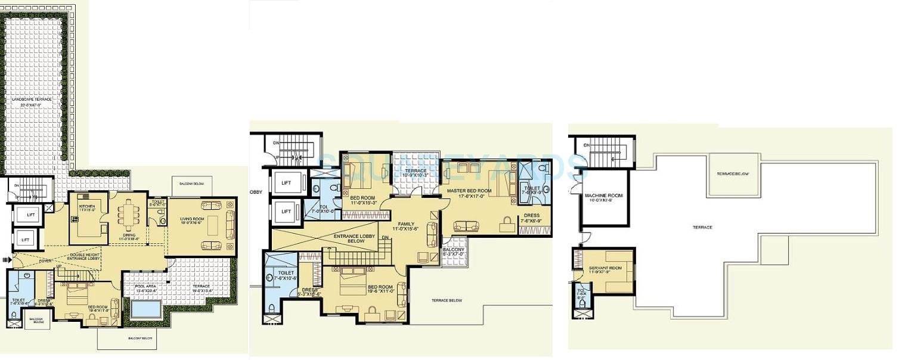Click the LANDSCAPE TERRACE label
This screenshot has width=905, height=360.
coord(35,100)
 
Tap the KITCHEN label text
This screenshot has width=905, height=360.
coord(87,207)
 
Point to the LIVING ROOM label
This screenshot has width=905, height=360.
coord(192,219)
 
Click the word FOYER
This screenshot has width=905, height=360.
coord(46,260)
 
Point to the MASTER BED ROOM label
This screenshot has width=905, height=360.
coord(469,191)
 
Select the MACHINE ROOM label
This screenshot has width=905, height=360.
coord(603,195)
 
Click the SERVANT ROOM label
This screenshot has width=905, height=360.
coord(603,269)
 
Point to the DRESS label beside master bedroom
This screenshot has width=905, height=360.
coord(531,216)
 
